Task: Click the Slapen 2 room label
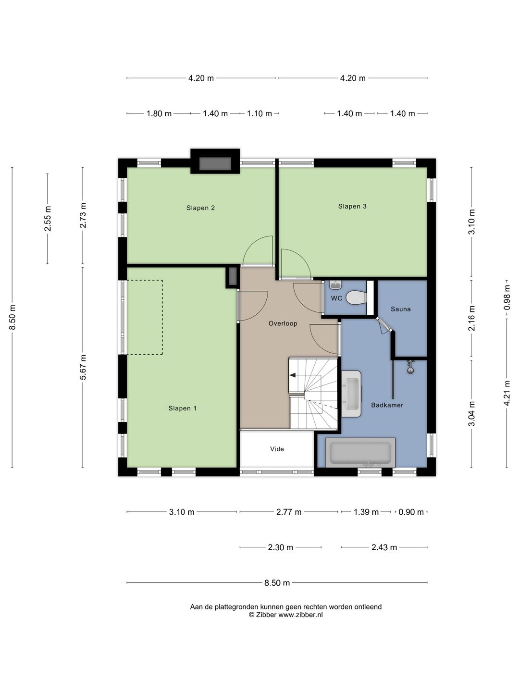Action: (x=200, y=208)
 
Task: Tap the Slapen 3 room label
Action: (x=352, y=206)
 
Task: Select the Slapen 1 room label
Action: (x=183, y=408)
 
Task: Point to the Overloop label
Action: (x=283, y=323)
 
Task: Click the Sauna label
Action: (x=400, y=309)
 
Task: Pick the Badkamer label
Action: (x=387, y=405)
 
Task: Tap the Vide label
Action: (x=277, y=449)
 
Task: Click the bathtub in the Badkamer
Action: (x=360, y=452)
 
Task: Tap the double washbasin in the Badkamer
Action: (x=351, y=394)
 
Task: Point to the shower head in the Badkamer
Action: (x=410, y=368)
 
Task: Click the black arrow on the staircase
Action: (x=293, y=375)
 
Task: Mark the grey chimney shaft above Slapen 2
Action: (x=215, y=164)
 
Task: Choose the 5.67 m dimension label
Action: (x=83, y=367)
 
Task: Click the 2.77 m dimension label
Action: (x=289, y=512)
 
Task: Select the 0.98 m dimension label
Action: (x=507, y=297)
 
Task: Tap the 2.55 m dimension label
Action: (x=48, y=219)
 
